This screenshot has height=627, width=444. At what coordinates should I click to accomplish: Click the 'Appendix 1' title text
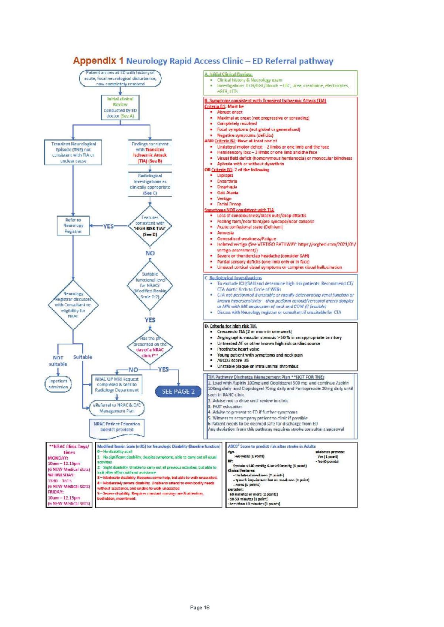(98, 61)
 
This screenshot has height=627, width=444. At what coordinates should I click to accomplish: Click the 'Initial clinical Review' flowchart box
(120, 108)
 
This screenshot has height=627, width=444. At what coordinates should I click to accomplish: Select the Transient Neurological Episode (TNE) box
(73, 152)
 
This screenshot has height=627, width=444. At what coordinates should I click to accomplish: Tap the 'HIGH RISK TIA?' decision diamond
(150, 226)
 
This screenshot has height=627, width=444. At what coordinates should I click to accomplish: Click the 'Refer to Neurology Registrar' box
(73, 226)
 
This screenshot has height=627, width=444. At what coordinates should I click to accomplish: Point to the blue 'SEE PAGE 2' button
(178, 392)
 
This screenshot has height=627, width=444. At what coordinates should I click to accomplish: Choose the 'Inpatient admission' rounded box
(58, 384)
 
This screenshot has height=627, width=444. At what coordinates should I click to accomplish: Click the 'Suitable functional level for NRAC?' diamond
(150, 285)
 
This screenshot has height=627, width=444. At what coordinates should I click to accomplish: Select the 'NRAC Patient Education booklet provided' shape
(117, 427)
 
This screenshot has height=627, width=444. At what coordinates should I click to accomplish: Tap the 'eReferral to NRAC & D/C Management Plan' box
(117, 408)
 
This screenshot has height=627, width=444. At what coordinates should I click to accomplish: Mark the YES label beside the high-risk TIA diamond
(108, 226)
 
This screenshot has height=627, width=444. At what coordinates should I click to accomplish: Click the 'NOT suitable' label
(58, 361)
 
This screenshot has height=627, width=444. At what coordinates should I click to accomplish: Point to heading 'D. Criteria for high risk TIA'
(230, 326)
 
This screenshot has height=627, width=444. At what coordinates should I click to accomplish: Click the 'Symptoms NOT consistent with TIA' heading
(239, 210)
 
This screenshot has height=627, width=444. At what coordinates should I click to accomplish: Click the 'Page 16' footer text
(200, 607)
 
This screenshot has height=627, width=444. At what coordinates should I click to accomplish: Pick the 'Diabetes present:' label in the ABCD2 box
(330, 452)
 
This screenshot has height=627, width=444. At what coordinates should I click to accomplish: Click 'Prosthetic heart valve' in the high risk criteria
(238, 349)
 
